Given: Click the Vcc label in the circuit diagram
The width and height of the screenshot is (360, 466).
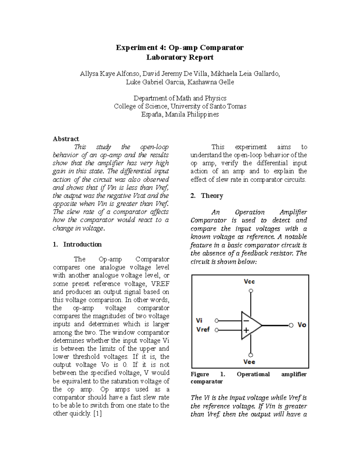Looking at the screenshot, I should click(249, 281).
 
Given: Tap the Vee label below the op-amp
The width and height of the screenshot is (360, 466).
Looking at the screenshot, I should click(249, 362).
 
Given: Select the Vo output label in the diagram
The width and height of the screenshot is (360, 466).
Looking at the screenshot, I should click(301, 325).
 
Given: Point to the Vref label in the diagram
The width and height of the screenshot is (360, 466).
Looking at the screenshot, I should click(203, 329).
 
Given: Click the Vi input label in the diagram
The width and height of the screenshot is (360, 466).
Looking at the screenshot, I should click(199, 320).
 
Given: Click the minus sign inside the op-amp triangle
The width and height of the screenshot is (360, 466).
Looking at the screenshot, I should click(246, 321).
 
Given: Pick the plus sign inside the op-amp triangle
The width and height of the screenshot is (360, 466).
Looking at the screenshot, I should click(246, 330).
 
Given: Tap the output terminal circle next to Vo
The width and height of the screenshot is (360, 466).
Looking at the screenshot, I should click(291, 325).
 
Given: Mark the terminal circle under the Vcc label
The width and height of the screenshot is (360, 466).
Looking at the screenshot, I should click(251, 291).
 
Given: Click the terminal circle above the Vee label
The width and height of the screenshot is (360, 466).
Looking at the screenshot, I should click(251, 355).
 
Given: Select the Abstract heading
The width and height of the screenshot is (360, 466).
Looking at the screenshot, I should click(66, 139).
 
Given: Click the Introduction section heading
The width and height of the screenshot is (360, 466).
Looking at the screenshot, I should click(82, 244).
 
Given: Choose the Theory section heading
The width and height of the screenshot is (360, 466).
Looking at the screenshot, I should click(212, 196).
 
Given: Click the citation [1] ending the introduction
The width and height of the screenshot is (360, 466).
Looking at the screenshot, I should click(97, 413).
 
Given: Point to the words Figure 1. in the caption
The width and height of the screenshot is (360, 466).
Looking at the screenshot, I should click(208, 374).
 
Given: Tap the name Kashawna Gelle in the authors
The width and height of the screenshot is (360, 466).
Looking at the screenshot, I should click(211, 82).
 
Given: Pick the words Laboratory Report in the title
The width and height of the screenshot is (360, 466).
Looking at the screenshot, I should click(180, 57).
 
